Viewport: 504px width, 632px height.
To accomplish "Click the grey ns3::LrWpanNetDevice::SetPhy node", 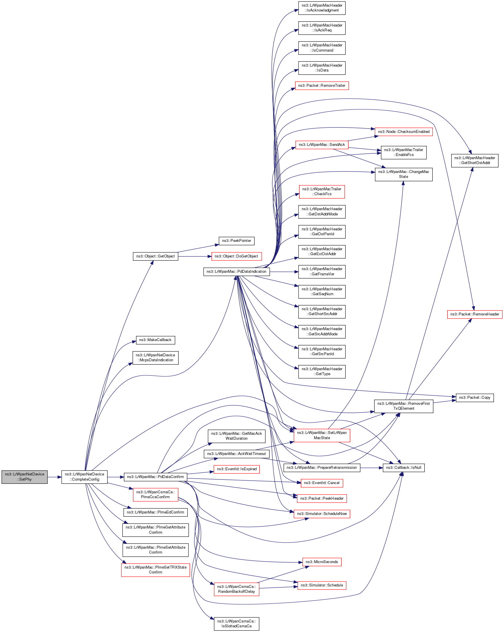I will coord(24,477).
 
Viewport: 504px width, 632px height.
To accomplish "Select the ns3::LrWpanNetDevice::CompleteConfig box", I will coord(84,477).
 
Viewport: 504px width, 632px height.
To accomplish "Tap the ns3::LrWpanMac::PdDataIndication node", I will coord(237,272).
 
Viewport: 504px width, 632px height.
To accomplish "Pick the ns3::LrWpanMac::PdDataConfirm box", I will coord(155,477).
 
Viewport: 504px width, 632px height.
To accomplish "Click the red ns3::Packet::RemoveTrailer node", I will coord(322,86).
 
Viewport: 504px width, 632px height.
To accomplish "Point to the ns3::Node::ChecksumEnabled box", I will coord(403,131).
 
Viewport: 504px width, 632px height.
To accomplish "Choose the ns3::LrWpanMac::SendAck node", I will coord(322,145).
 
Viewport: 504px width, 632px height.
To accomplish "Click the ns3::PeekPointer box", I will coord(237,241).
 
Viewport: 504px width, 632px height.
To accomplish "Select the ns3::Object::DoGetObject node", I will coord(237,257).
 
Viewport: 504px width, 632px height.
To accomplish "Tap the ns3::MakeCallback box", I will coord(155,340).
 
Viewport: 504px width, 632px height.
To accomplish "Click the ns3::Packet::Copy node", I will coord(474,398).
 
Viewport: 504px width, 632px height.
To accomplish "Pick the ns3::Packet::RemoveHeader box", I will coord(475,314).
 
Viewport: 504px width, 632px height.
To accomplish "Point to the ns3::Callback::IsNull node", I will coord(403,468).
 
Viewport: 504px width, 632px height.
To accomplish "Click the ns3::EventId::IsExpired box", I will coord(237,469).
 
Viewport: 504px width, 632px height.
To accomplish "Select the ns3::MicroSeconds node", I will coord(322,562).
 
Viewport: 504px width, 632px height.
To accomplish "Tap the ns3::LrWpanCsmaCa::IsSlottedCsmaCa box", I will coord(237,624).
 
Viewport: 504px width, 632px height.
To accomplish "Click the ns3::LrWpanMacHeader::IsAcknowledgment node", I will coord(322,8).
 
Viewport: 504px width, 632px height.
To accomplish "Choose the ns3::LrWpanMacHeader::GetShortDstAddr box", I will coord(475,160).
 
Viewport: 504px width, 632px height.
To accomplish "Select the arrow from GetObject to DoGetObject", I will coord(195,257).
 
